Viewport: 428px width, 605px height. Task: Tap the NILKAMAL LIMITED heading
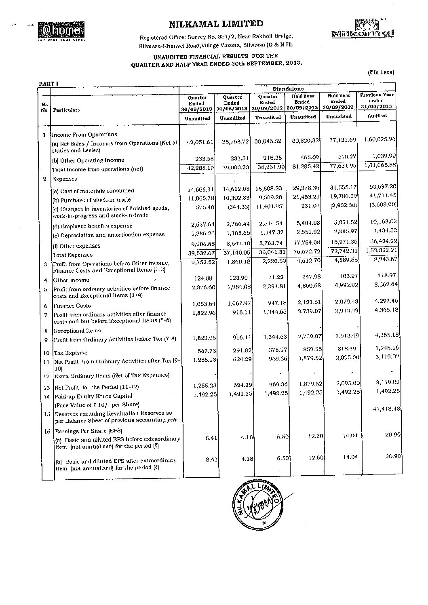click(x=216, y=24)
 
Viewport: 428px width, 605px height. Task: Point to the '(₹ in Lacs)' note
click(x=381, y=72)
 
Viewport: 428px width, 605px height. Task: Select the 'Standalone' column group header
click(x=288, y=89)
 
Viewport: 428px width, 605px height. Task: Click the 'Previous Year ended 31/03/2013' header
click(x=377, y=100)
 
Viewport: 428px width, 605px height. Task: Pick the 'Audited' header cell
click(x=377, y=116)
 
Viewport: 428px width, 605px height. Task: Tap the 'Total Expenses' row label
click(x=73, y=255)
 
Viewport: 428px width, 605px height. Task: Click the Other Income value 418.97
click(x=387, y=275)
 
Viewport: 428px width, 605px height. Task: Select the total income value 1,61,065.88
click(x=380, y=165)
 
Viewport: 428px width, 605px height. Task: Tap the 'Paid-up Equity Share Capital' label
click(x=93, y=396)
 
